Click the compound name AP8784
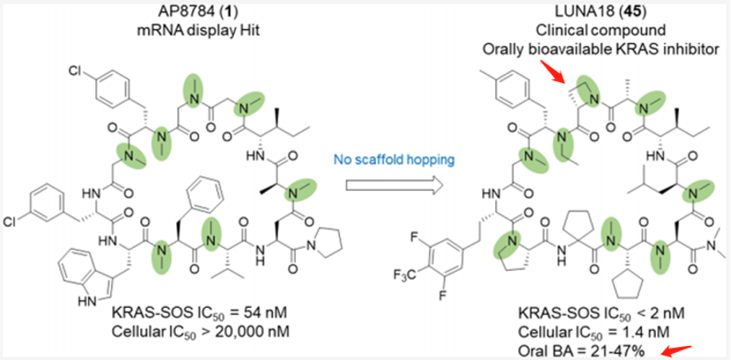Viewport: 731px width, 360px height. [155, 11]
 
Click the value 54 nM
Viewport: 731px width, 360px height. [227, 313]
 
